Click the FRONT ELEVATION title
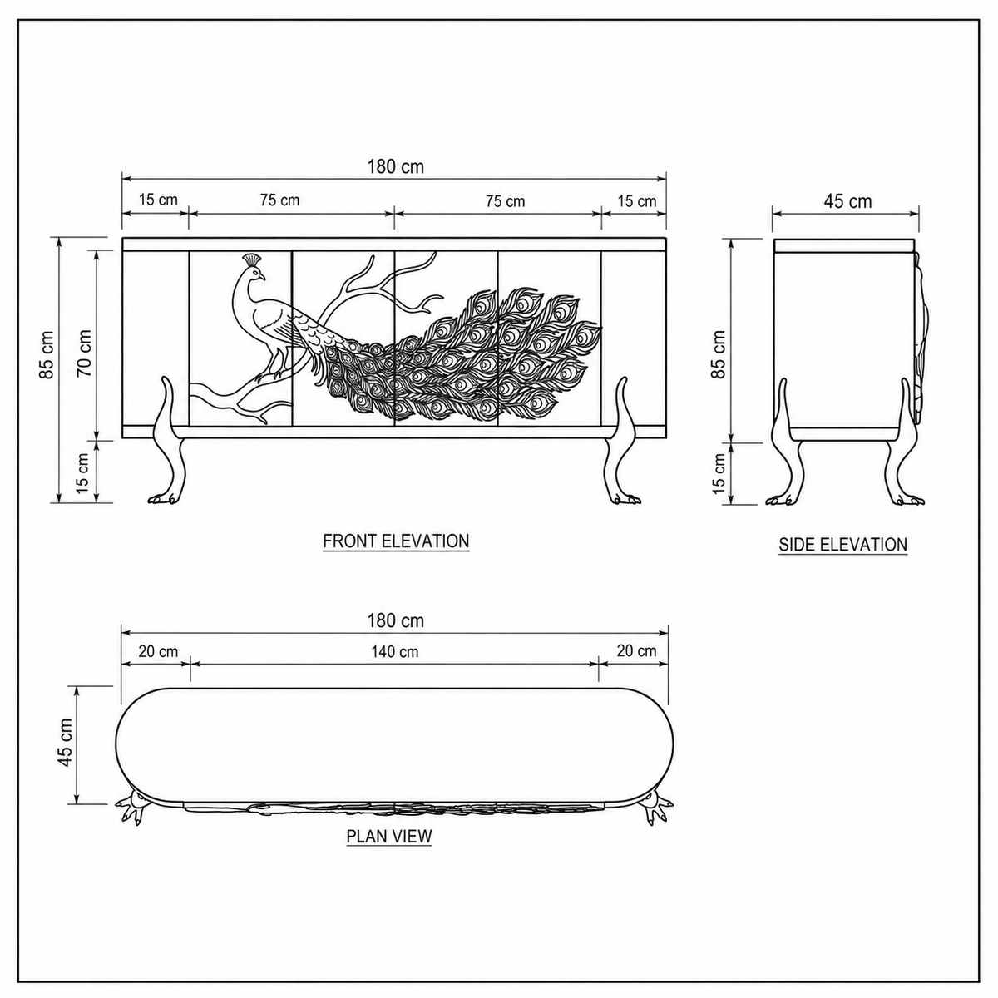point(396,541)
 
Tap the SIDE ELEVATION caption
point(843,544)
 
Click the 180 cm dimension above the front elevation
point(396,167)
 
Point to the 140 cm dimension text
point(395,651)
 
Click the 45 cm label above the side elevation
point(847,201)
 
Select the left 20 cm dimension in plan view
point(159,651)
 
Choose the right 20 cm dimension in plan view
point(636,650)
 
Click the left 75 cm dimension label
point(280,200)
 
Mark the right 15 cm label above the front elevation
point(637,201)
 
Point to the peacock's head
point(256,273)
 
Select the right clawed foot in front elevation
point(625,499)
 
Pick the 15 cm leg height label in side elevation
point(719,473)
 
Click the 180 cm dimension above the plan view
point(396,620)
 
